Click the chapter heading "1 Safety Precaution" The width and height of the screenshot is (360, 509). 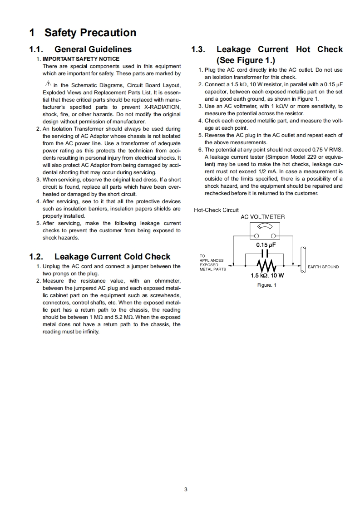83,33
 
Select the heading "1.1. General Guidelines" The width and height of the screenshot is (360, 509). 80,49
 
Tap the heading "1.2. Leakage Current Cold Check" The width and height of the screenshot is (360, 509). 99,257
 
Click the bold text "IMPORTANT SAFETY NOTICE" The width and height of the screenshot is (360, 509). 81,59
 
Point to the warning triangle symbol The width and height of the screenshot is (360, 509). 48,84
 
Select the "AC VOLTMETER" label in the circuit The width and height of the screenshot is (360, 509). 262,217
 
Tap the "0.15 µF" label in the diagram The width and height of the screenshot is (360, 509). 266,245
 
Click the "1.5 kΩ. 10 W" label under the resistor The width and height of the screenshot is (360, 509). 267,275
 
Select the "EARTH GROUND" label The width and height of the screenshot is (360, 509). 323,267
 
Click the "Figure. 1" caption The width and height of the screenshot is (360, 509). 266,285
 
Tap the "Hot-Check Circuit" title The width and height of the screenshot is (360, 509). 216,210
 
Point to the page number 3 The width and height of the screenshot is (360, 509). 185,489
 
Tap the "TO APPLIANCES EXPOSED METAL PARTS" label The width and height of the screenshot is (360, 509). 212,263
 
